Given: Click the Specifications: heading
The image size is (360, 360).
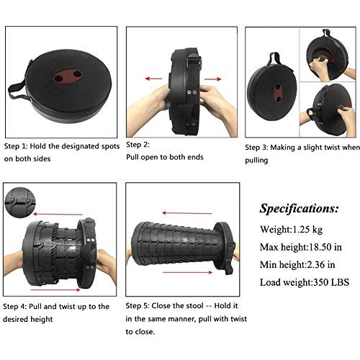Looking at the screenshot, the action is pos(299,208).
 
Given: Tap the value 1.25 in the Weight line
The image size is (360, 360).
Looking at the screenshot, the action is pos(300,230).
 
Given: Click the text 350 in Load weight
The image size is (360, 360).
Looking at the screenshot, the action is pos(321,282).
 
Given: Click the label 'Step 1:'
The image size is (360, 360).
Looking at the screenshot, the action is pos(15,146).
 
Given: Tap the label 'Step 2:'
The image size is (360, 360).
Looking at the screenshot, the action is pos(138,145).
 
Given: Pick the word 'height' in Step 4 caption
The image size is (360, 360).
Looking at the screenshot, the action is pos(41,320).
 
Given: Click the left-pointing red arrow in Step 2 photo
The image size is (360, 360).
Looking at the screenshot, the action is pos(153,78).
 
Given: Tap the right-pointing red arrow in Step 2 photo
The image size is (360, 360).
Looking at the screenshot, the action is pos(212,79).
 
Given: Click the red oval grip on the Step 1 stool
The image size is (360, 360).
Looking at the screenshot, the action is pos(68,76).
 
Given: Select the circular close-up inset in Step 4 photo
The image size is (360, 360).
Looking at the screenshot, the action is pos(20,203).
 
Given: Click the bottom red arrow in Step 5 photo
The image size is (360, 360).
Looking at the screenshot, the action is pos(187,272).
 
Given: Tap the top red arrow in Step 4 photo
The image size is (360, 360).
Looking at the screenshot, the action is pos(58,214).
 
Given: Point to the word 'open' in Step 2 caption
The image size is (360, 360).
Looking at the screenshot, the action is pos(149,158).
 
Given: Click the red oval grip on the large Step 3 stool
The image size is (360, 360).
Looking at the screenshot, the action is pos(278,93).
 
